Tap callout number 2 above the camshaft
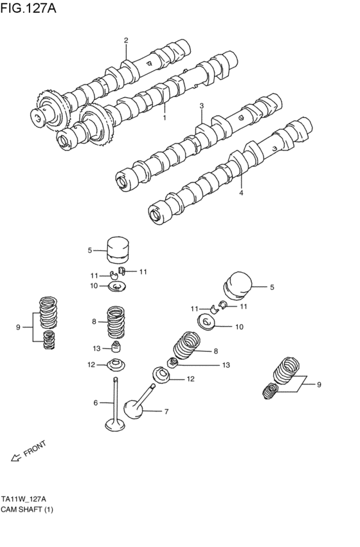(x=126, y=40)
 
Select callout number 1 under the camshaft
(x=165, y=118)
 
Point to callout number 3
(x=201, y=105)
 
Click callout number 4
(x=242, y=192)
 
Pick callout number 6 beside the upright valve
(x=95, y=403)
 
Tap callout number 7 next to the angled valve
(x=166, y=411)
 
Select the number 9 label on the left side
(x=18, y=328)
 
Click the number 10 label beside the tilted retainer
(x=239, y=327)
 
